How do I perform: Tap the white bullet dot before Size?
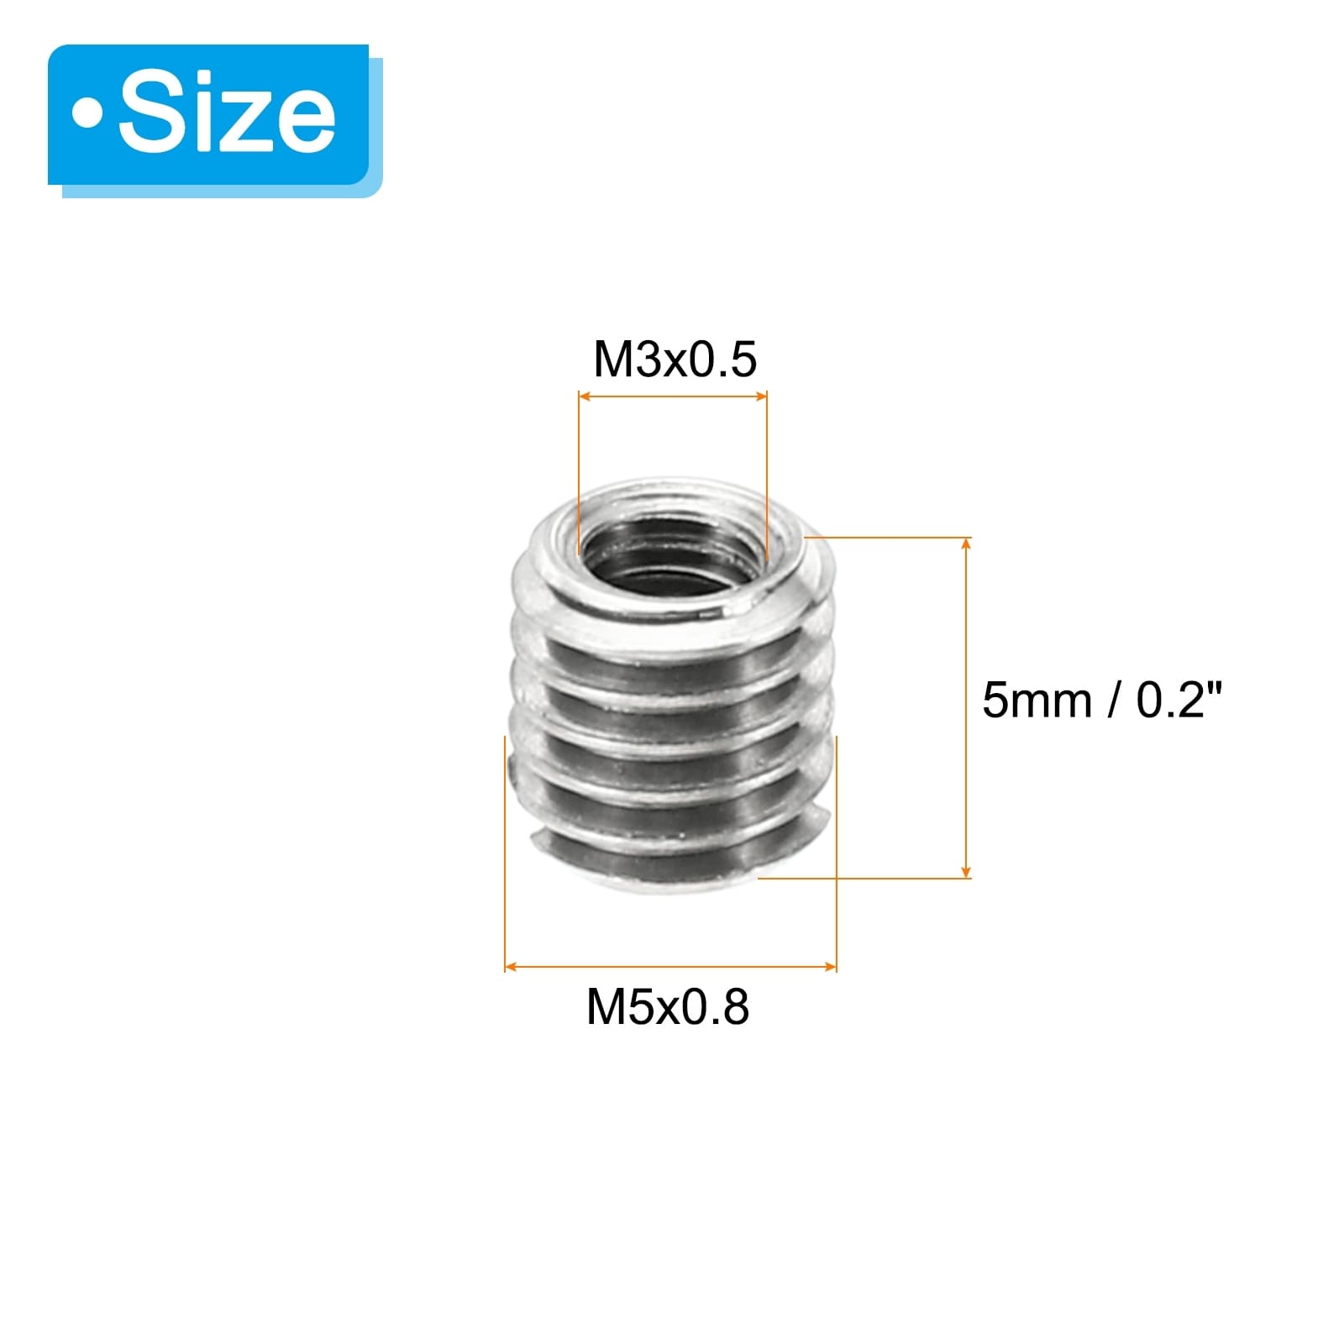point(87,114)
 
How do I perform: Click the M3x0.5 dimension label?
point(675,360)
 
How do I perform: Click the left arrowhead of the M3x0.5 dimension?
point(586,396)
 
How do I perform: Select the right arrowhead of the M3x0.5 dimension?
point(759,396)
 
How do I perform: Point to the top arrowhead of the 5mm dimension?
point(966,545)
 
